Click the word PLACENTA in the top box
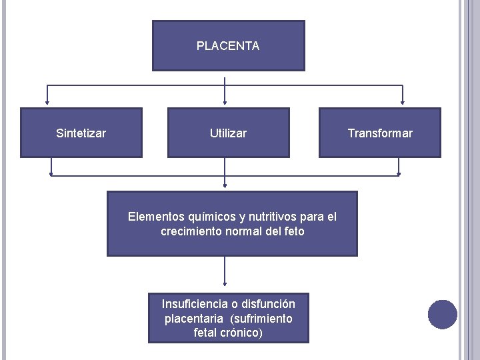point(228,46)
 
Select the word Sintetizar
point(81,133)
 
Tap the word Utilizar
point(228,133)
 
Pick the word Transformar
point(380,133)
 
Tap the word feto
point(293,231)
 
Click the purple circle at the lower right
point(443,315)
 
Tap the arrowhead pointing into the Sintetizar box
point(47,103)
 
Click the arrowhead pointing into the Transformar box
point(402,103)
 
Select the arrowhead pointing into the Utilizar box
point(225,103)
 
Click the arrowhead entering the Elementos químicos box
point(225,187)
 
